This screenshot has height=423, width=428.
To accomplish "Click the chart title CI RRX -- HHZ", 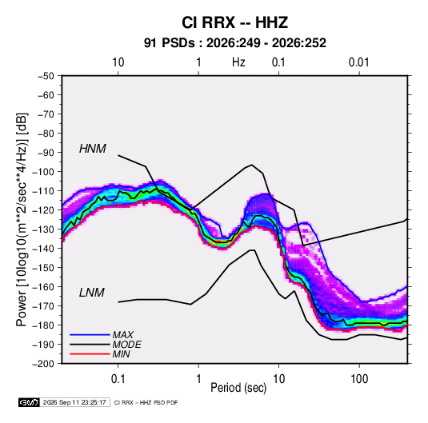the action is pyautogui.click(x=234, y=22).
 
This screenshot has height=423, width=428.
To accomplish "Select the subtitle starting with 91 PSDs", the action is pyautogui.click(x=234, y=43).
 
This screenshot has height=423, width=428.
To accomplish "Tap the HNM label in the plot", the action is pyautogui.click(x=93, y=149).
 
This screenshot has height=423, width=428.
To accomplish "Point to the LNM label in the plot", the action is pyautogui.click(x=92, y=293).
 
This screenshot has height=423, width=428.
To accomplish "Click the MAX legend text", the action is pyautogui.click(x=123, y=335).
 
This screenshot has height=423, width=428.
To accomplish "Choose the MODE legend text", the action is pyautogui.click(x=127, y=345).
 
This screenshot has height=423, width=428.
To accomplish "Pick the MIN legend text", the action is pyautogui.click(x=121, y=354).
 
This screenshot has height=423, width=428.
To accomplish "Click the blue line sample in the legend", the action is pyautogui.click(x=90, y=335).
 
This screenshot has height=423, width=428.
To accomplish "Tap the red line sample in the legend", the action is pyautogui.click(x=90, y=354).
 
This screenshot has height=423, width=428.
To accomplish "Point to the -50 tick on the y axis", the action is pyautogui.click(x=46, y=76).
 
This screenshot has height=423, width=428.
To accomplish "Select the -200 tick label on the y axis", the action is pyautogui.click(x=43, y=364).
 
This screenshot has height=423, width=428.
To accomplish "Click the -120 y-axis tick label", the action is pyautogui.click(x=43, y=210).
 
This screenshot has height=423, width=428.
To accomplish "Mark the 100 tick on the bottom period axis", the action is pyautogui.click(x=359, y=379).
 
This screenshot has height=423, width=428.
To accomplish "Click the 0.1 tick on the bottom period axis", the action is pyautogui.click(x=118, y=379).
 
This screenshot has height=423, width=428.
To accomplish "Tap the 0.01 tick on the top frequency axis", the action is pyautogui.click(x=358, y=62).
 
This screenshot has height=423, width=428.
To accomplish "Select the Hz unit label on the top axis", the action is pyautogui.click(x=238, y=62).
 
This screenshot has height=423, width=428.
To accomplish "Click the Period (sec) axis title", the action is pyautogui.click(x=238, y=388).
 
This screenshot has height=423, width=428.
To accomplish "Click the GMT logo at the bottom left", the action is pyautogui.click(x=29, y=402).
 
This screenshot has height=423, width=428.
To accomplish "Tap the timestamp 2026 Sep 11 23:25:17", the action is pyautogui.click(x=74, y=402).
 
